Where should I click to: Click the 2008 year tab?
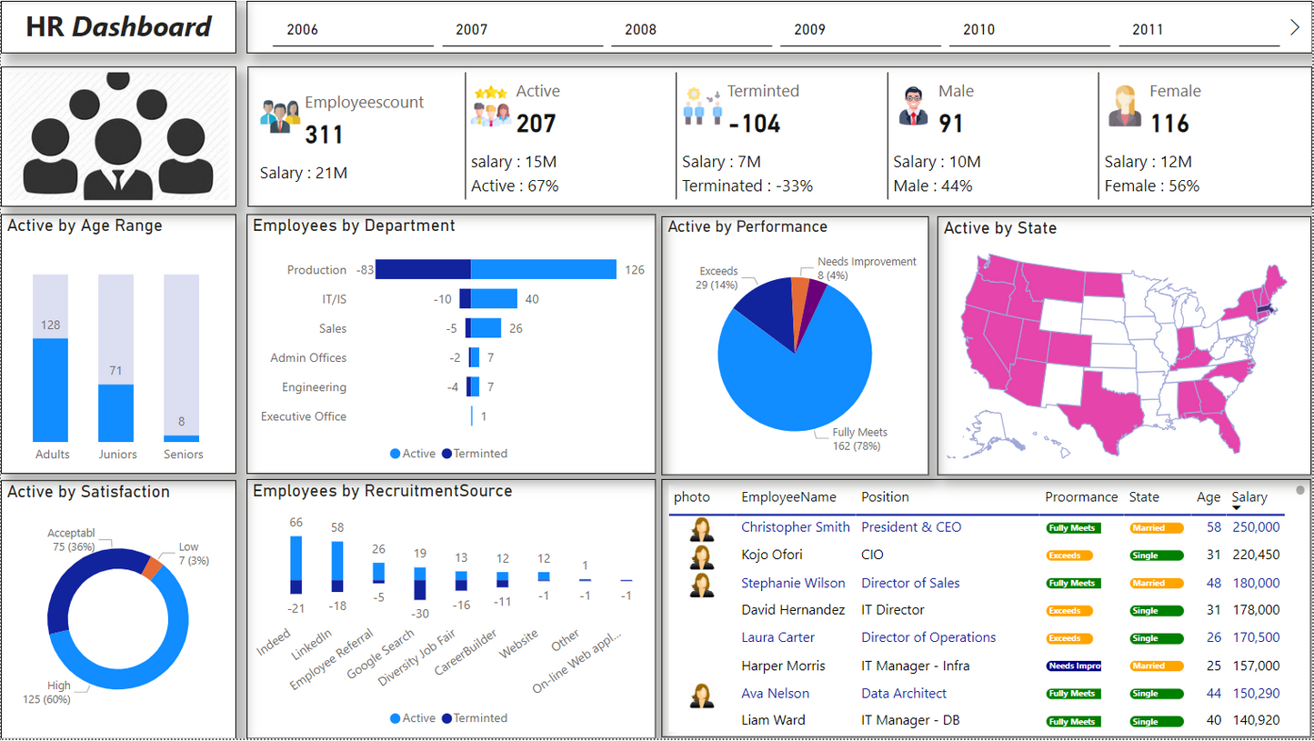[x=640, y=30]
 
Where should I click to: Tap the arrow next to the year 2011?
[x=1294, y=27]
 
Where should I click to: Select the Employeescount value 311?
[x=324, y=135]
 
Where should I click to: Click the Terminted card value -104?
[x=754, y=124]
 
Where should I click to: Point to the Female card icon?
[x=1125, y=106]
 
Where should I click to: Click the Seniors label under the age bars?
[x=183, y=455]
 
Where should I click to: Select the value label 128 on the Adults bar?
[x=50, y=325]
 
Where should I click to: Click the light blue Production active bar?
[x=544, y=269]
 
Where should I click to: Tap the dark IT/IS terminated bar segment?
[x=465, y=299]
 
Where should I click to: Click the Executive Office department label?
[x=304, y=416]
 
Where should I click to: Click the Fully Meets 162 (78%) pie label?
[x=859, y=439]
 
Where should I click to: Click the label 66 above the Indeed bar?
[x=296, y=523]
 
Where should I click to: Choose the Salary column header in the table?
[x=1249, y=497]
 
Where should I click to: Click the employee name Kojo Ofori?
[x=771, y=555]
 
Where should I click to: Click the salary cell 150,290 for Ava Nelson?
[x=1256, y=693]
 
